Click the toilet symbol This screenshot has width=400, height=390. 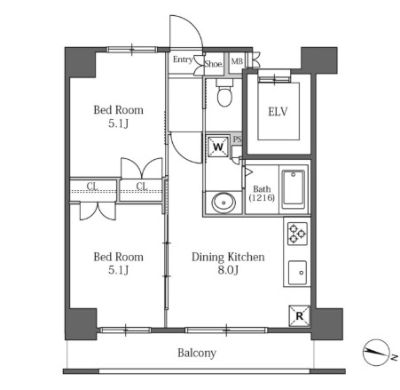[224, 92]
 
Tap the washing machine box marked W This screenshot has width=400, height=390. [218, 147]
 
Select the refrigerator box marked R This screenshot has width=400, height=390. [299, 316]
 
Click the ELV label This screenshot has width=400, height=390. [278, 112]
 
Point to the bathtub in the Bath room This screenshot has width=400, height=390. [294, 189]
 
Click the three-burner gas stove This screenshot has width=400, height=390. [297, 234]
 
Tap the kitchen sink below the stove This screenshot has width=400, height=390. [297, 273]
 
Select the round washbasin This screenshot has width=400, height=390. [224, 203]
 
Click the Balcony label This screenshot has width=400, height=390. [197, 353]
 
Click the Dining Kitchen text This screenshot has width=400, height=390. [228, 257]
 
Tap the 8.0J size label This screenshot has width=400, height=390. [228, 270]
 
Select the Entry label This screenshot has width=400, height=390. [183, 60]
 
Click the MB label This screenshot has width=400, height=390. [237, 61]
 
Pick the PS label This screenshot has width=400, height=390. [238, 139]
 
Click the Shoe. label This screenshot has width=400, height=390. [214, 64]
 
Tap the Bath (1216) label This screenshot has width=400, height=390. [262, 194]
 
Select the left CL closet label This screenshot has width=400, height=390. [92, 186]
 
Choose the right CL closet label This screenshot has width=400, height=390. [142, 186]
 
